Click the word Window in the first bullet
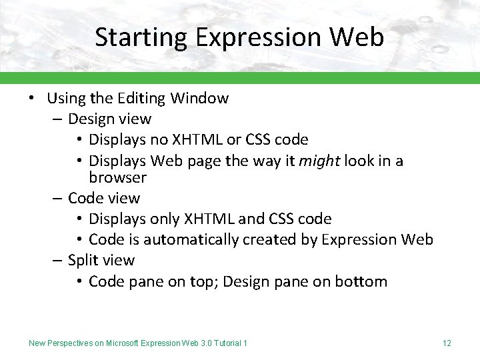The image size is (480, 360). click(199, 99)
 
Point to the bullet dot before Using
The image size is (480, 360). click(31, 99)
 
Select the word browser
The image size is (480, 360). click(117, 178)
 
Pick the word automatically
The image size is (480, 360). click(174, 240)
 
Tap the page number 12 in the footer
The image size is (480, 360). click(447, 343)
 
